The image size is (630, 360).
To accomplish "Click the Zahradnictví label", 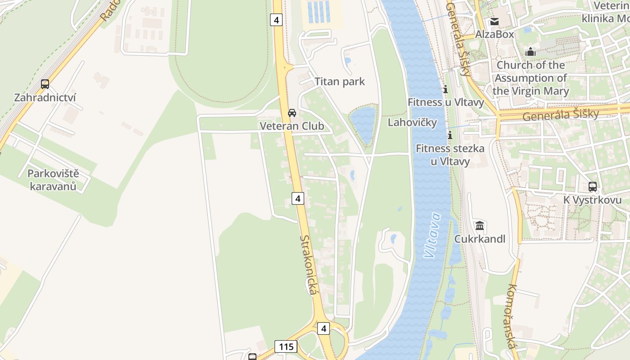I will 45,98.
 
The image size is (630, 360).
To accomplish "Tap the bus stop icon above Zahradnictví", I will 45,84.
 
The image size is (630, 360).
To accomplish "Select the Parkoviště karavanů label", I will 53,180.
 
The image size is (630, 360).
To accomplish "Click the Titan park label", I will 339,81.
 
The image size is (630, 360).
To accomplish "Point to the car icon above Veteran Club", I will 292,112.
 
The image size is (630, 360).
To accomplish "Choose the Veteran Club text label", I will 292,126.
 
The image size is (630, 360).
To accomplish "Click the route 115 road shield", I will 285,346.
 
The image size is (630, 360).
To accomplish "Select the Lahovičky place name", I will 412,122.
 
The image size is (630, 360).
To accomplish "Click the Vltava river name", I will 432,235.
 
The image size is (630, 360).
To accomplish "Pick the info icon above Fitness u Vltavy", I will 445,89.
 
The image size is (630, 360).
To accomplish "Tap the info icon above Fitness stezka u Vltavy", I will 449,135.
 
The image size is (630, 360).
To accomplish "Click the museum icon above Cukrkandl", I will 480,225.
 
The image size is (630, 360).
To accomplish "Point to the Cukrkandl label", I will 480,239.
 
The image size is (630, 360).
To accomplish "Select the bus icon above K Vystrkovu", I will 592,186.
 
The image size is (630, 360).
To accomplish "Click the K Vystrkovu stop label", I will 592,200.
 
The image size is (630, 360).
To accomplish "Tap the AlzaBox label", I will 495,34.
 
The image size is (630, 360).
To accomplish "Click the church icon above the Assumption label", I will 531,52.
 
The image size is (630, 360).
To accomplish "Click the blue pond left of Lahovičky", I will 363,123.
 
